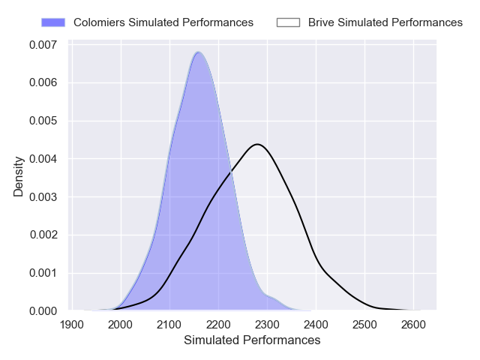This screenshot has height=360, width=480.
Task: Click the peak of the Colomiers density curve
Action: click(x=197, y=52)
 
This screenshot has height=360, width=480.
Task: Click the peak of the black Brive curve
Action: click(x=256, y=144)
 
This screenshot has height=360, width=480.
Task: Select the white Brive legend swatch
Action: click(x=288, y=22)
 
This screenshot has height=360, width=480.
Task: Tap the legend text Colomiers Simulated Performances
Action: click(x=163, y=22)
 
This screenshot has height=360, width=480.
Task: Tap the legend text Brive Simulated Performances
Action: click(x=385, y=22)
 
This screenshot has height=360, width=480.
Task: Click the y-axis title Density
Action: click(x=19, y=177)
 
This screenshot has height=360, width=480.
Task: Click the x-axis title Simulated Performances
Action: click(x=252, y=340)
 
